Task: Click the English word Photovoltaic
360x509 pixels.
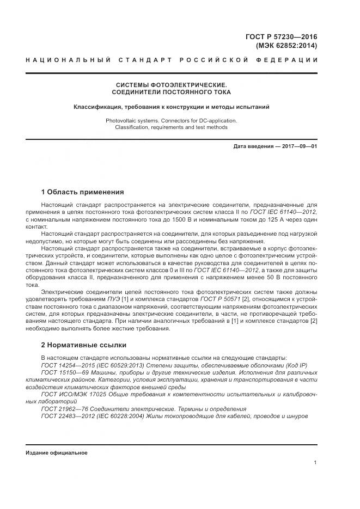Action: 122,120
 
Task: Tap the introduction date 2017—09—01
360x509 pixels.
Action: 299,146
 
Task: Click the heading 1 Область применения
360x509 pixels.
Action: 82,192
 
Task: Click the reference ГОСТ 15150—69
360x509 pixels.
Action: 63,372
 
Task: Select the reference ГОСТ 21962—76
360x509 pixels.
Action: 63,409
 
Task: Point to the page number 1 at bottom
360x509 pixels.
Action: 315,463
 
